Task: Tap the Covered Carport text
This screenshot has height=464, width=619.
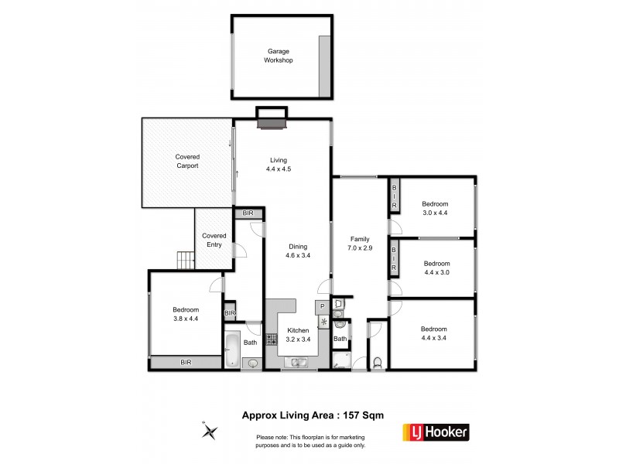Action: click(x=187, y=161)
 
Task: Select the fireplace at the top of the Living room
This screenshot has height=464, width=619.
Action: click(x=272, y=116)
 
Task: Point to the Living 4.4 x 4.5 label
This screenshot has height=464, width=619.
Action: click(x=278, y=165)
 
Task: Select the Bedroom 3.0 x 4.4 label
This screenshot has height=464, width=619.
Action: click(x=436, y=207)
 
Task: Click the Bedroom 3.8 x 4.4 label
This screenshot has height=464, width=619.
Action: click(x=186, y=315)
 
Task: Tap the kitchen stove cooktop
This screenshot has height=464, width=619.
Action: click(x=272, y=339)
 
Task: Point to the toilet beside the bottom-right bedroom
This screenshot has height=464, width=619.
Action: click(x=377, y=361)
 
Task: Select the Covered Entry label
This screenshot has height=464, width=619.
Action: click(x=214, y=240)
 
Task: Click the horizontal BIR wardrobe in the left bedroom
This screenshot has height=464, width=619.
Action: click(x=186, y=361)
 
